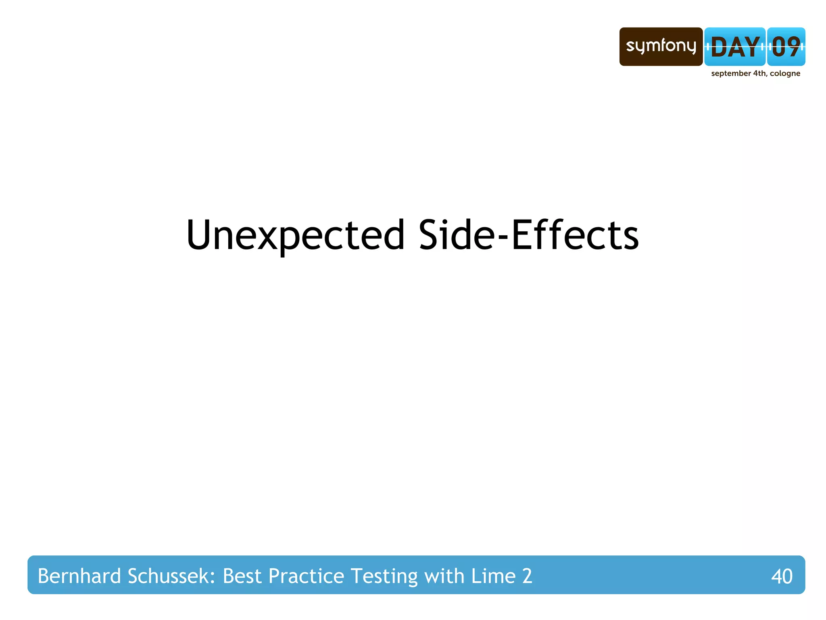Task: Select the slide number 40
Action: coord(782,576)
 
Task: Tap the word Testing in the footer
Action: coord(384,576)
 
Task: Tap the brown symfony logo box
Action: coord(661,46)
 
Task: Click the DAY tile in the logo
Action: coord(734,47)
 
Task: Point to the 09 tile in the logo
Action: coord(786,47)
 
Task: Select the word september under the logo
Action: coord(730,74)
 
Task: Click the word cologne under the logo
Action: coord(785,74)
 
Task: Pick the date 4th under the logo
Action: coord(760,73)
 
